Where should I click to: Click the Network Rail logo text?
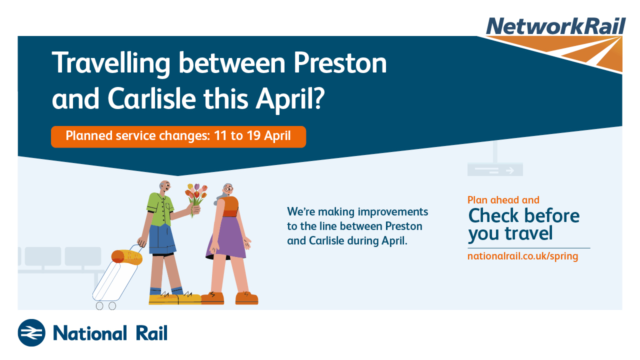556,26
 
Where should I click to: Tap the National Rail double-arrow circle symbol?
31,333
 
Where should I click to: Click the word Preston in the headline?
339,63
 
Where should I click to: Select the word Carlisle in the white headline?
151,98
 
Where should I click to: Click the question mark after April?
318,98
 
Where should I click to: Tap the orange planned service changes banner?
178,136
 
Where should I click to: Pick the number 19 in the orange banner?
253,135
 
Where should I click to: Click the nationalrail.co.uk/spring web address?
523,256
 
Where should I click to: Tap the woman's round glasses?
228,189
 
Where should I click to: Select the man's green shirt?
160,209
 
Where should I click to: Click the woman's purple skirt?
226,237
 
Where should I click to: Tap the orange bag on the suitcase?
126,257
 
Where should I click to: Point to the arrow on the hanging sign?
509,170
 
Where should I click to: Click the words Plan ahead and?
503,200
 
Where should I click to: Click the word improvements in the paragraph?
393,212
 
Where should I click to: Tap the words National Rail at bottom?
110,333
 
